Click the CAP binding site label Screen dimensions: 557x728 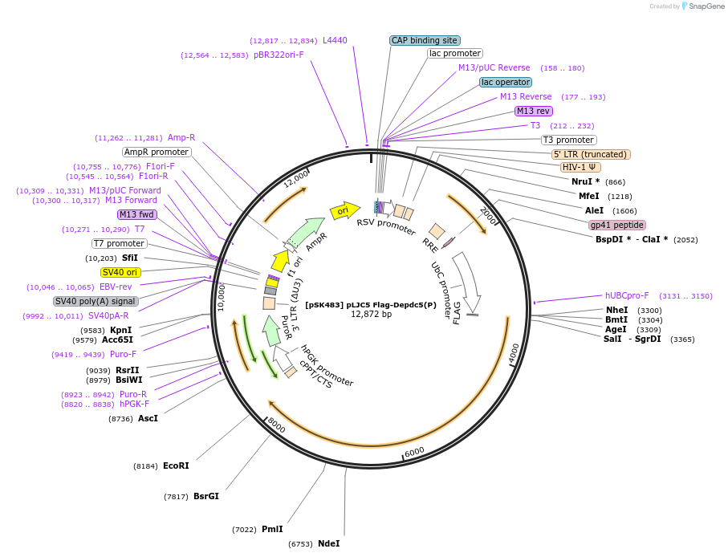[425, 40]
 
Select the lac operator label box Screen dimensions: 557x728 [506, 82]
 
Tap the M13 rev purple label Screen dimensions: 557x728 [534, 111]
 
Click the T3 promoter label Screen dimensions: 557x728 [568, 140]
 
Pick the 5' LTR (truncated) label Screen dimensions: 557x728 [590, 154]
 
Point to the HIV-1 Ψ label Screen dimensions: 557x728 [580, 168]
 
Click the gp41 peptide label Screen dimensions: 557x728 [617, 225]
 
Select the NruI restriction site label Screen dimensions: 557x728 [585, 182]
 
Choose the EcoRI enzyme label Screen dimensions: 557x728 [176, 466]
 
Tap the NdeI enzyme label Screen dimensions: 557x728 [328, 543]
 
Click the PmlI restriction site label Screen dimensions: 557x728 [272, 529]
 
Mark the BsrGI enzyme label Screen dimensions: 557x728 [206, 496]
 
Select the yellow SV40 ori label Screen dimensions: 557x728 [120, 272]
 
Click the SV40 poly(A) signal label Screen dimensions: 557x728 [96, 301]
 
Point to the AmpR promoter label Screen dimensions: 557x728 [157, 152]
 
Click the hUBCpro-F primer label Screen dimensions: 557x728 [627, 295]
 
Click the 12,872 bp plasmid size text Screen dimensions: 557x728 [371, 314]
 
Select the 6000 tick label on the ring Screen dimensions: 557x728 [414, 452]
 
